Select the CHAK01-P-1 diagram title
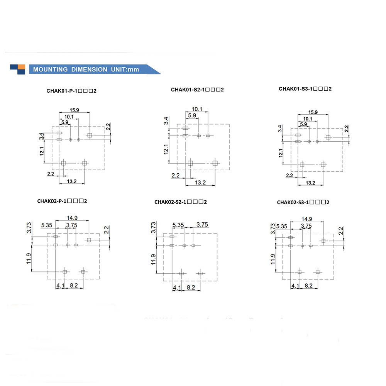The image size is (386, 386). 71,91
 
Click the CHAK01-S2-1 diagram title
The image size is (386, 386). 197,90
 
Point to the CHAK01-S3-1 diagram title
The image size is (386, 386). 305,89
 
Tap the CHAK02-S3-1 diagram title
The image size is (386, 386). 303,202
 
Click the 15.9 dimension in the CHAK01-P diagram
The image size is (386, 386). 74,110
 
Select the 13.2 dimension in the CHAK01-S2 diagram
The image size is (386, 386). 200,182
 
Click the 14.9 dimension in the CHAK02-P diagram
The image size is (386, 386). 72,218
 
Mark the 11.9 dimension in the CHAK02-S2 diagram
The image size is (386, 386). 154,259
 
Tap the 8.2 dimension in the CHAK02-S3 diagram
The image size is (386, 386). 309,286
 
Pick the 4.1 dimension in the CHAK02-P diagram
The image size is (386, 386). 60,286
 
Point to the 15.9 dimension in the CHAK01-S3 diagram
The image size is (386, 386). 313,112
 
